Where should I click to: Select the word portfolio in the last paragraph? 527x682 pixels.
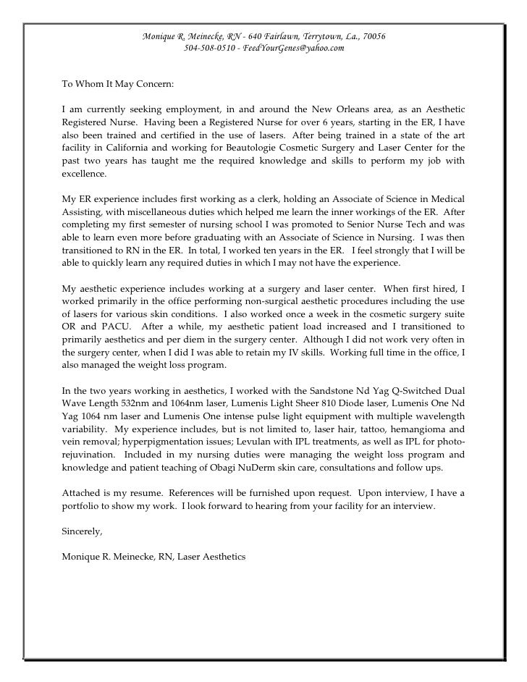[x=82, y=506]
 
